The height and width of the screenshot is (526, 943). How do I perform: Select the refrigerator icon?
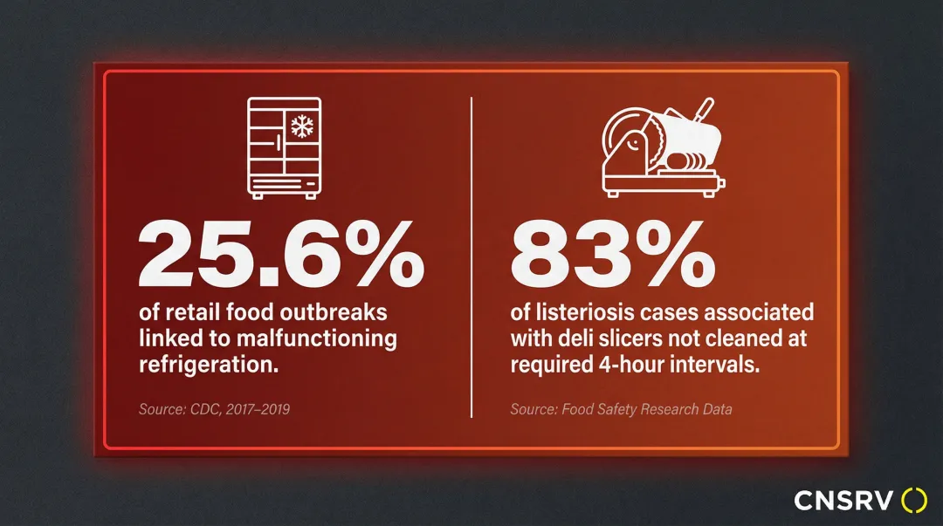click(x=284, y=147)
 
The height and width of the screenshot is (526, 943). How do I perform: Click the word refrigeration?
click(x=209, y=365)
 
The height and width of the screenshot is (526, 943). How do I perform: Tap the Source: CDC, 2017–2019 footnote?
click(x=214, y=408)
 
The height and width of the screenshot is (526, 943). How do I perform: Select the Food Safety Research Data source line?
click(x=621, y=408)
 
